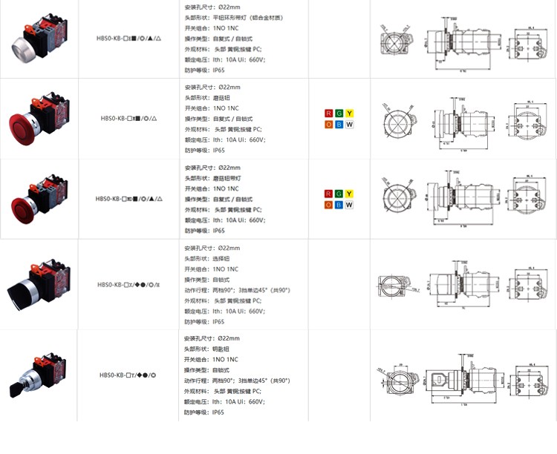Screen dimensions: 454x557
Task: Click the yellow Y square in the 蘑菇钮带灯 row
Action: (x=349, y=194)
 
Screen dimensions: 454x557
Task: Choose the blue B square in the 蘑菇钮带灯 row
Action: (x=339, y=205)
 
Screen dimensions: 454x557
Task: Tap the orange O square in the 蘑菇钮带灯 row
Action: (x=329, y=205)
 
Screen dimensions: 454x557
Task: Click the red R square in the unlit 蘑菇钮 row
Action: (x=329, y=113)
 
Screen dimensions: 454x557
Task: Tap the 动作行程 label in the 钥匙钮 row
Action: (x=196, y=381)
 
